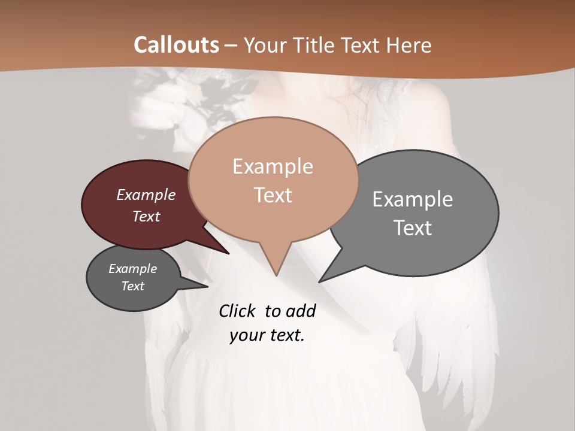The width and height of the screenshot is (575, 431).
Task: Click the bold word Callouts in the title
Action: [x=176, y=45]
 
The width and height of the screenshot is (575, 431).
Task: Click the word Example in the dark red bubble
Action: [x=146, y=195]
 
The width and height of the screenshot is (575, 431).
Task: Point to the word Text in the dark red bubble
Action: [x=146, y=216]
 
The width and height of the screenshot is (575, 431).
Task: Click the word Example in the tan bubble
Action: [x=273, y=166]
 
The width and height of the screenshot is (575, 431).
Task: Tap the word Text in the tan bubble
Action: [x=273, y=195]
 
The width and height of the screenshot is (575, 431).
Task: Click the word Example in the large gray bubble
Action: [x=413, y=199]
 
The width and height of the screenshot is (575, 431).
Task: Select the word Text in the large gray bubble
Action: [x=413, y=227]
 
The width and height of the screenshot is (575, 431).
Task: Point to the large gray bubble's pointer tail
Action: [x=326, y=277]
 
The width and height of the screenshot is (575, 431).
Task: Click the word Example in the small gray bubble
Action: [x=132, y=269]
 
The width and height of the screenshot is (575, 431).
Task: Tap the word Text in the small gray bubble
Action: [x=132, y=286]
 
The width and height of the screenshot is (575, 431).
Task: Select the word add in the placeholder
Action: [x=300, y=311]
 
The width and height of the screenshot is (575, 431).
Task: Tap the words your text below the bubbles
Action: [x=267, y=335]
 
